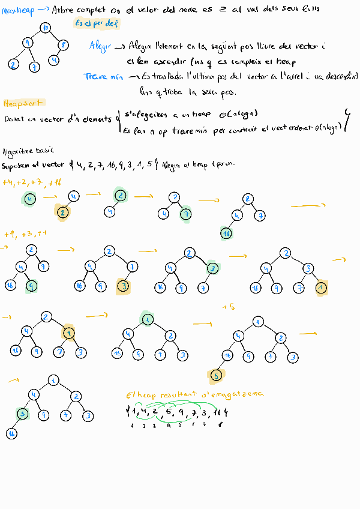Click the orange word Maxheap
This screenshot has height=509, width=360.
19,10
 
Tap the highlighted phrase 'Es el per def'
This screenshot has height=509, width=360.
97,23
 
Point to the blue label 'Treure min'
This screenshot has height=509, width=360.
103,77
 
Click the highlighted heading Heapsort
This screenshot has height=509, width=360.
21,104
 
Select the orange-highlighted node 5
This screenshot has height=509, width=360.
216,376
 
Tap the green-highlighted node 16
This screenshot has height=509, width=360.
226,233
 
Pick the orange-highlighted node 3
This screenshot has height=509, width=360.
122,286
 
